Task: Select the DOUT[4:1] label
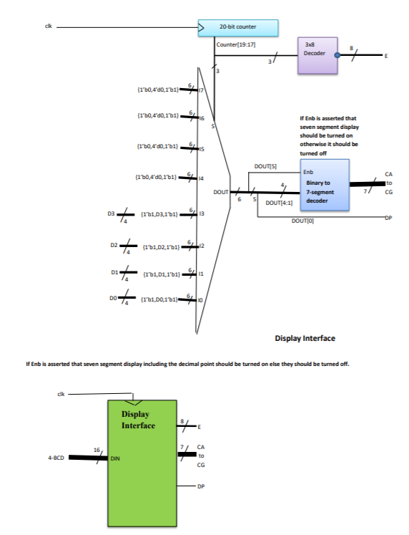pos(278,203)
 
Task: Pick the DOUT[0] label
pos(300,220)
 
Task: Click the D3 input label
pos(112,213)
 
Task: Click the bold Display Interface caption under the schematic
pos(305,338)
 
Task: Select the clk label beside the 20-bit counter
pos(48,26)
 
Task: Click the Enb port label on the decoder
pos(308,172)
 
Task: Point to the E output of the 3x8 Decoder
pos(386,55)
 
